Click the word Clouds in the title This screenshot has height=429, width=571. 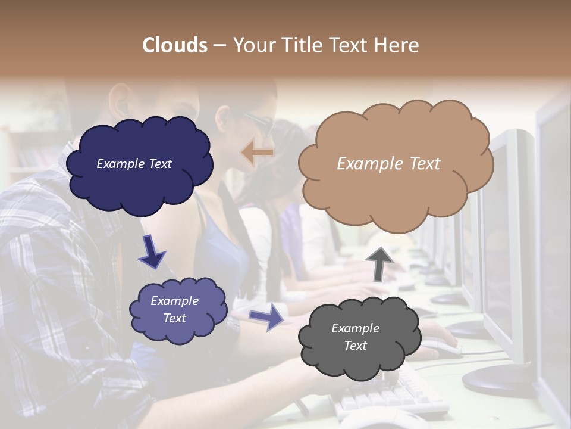point(175,45)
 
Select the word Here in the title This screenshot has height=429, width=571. point(399,45)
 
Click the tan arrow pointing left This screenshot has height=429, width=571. point(258,153)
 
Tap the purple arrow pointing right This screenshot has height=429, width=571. point(266,316)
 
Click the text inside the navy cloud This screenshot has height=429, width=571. point(134,164)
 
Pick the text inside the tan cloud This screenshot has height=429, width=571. point(388,164)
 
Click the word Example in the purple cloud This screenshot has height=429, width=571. point(174,301)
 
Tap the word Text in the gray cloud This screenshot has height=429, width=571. point(355,346)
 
